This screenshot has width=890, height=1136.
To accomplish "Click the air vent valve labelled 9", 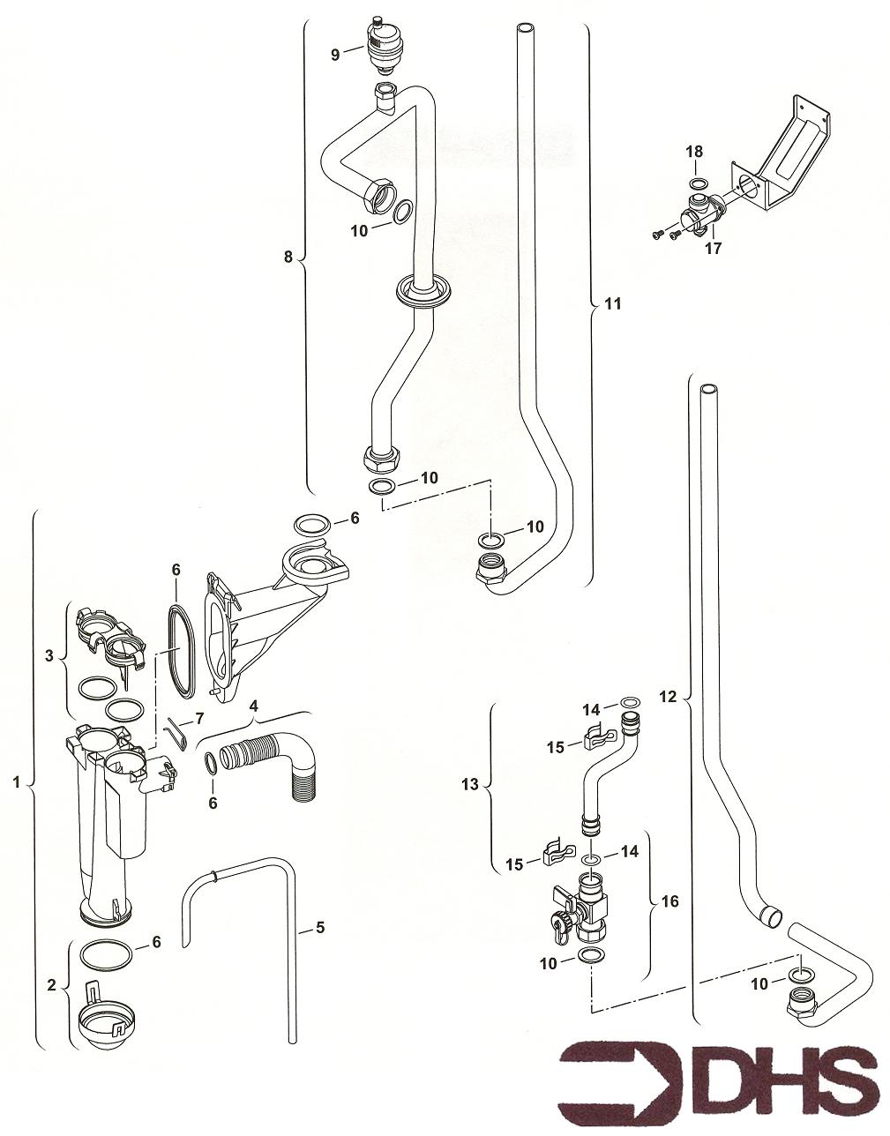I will click(383, 46).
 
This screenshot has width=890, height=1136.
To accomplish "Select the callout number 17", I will click(713, 249).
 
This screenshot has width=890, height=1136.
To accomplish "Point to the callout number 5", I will click(319, 927).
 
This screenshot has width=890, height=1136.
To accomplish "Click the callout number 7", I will click(199, 719).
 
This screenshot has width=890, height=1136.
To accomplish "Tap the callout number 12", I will click(668, 697).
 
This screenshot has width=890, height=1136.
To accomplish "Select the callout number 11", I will click(612, 303).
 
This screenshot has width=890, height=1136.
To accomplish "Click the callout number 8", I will click(287, 257).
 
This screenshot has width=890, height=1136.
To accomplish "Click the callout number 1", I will click(15, 781).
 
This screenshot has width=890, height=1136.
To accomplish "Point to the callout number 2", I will click(52, 983).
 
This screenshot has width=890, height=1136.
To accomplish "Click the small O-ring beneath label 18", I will click(698, 184).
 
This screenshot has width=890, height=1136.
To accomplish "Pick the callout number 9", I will click(335, 55).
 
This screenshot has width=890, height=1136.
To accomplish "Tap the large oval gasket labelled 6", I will click(179, 647).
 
